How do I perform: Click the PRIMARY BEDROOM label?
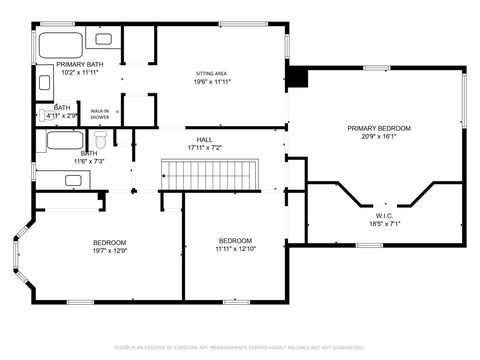pyautogui.click(x=379, y=128)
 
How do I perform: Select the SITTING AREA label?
pyautogui.click(x=210, y=75)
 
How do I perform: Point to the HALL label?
pyautogui.click(x=204, y=139)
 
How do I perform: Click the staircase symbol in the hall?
pyautogui.click(x=210, y=177)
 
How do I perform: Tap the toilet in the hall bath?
pyautogui.click(x=114, y=139)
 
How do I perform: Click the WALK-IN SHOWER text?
pyautogui.click(x=100, y=114)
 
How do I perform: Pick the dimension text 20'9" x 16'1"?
pyautogui.click(x=379, y=137)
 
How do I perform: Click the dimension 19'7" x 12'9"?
pyautogui.click(x=110, y=251)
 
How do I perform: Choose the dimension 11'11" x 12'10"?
pyautogui.click(x=236, y=249)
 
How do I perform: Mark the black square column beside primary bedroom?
pyautogui.click(x=297, y=78)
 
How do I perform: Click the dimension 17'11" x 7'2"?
pyautogui.click(x=204, y=148)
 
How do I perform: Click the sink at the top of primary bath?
pyautogui.click(x=104, y=38)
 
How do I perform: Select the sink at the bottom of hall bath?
pyautogui.click(x=73, y=180)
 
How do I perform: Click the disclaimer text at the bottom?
pyautogui.click(x=240, y=347)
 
